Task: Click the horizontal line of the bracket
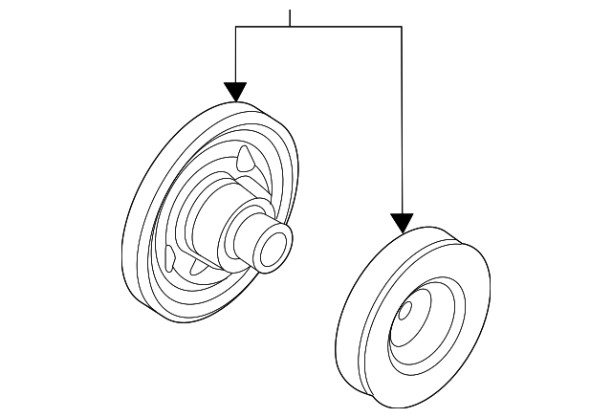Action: coord(325,27)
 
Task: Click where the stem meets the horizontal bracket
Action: coord(290,27)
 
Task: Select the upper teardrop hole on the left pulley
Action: coord(247,156)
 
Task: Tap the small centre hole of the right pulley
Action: coord(404,310)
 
